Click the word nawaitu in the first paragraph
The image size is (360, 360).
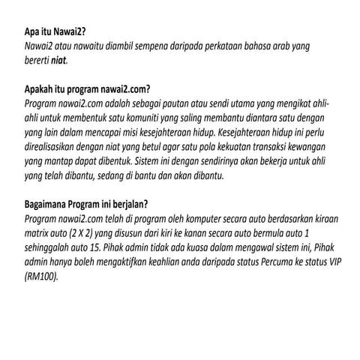pyautogui.click(x=88, y=46)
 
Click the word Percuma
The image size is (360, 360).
pyautogui.click(x=281, y=255)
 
